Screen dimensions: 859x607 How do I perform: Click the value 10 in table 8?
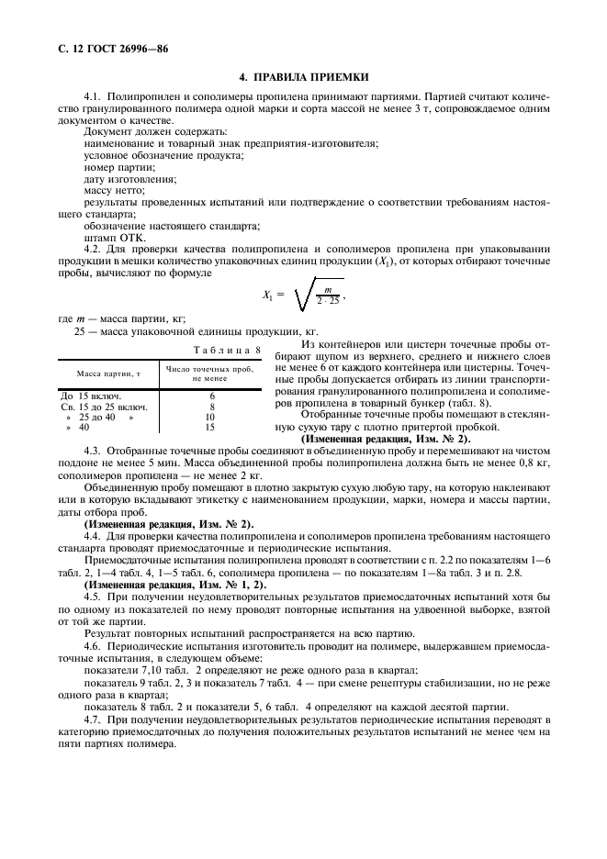pos(212,416)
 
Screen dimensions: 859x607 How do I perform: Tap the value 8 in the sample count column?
pos(212,405)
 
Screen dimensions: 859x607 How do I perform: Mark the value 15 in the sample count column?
pos(212,427)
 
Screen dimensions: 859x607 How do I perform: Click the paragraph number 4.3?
pos(92,452)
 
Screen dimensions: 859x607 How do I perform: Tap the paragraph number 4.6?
pos(92,646)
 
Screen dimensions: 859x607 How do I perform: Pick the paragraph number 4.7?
pos(92,718)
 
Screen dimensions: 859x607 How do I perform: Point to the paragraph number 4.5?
pos(92,597)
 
